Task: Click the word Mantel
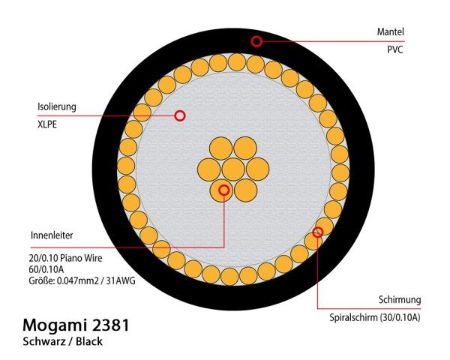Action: click(390, 31)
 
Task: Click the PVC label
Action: click(395, 49)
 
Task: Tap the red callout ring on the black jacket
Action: click(256, 41)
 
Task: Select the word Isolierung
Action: click(57, 106)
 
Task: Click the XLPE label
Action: click(47, 124)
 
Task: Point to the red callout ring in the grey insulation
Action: click(180, 115)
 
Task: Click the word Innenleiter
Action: click(52, 235)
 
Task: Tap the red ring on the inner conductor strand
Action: click(223, 190)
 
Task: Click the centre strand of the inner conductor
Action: click(233, 169)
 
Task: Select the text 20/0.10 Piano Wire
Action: click(65, 258)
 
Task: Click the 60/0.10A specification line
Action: click(46, 269)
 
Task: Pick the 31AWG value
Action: click(121, 280)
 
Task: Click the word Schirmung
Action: click(400, 300)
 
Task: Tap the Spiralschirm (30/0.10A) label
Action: click(375, 317)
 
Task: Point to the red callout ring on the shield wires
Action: click(318, 232)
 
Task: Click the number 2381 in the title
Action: click(111, 325)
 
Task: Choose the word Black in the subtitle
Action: click(89, 342)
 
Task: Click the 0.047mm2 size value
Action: click(77, 280)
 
